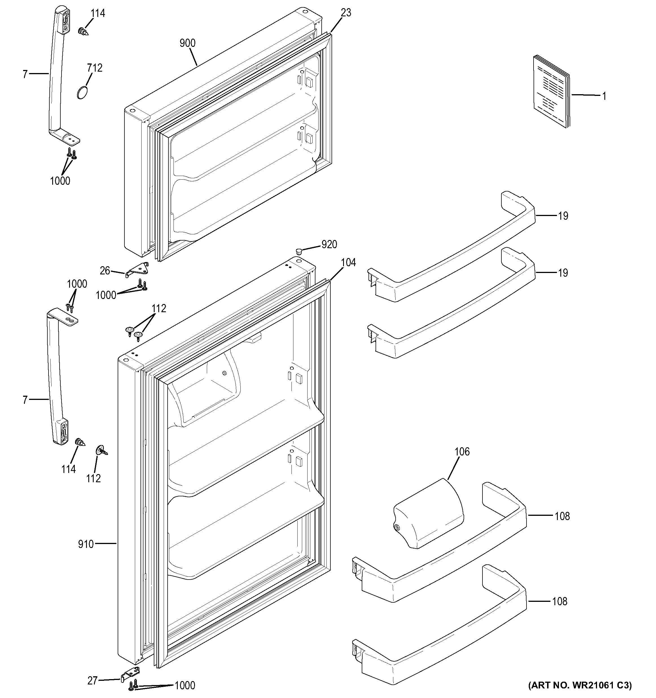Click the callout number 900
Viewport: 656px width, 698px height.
pyautogui.click(x=188, y=43)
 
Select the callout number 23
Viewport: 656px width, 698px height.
pyautogui.click(x=346, y=13)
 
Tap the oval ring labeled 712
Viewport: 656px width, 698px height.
pyautogui.click(x=82, y=93)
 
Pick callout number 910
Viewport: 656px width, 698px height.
pyautogui.click(x=86, y=544)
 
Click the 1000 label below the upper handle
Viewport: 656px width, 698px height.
pyautogui.click(x=60, y=181)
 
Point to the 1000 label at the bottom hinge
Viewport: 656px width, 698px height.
pyautogui.click(x=185, y=686)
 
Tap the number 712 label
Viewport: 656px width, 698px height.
pyautogui.click(x=95, y=68)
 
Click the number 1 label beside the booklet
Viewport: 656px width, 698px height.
pyautogui.click(x=604, y=96)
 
